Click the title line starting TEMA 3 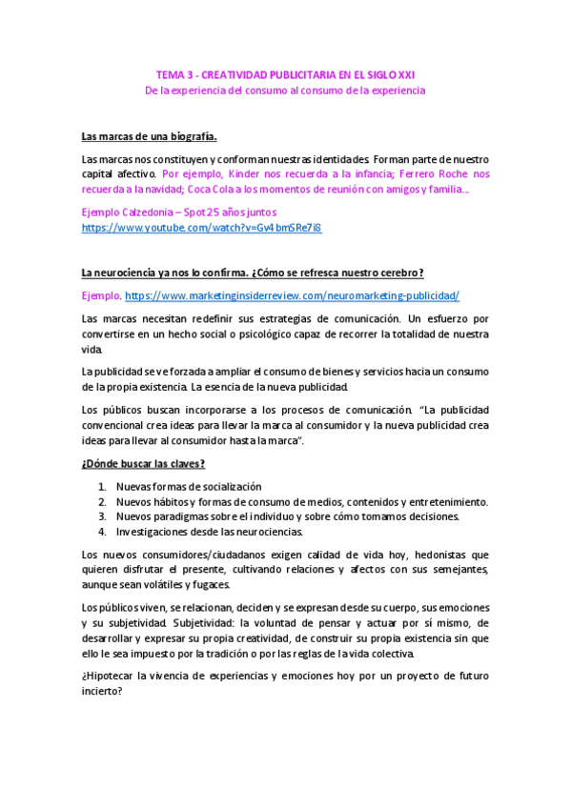(285, 74)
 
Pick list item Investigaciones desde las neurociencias (209, 532)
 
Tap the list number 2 (102, 502)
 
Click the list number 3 (102, 516)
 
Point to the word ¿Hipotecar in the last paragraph (107, 677)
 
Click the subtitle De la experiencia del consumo (285, 91)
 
